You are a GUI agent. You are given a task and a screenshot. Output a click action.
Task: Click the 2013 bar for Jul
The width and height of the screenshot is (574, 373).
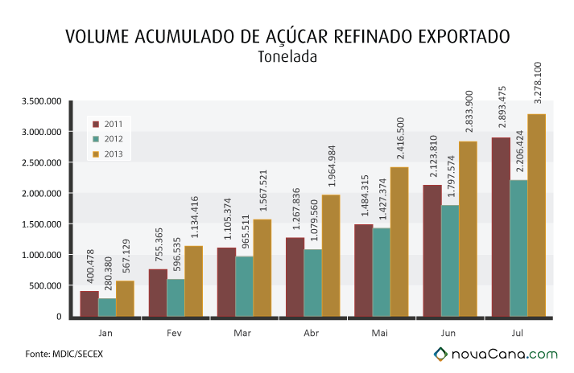coord(537,215)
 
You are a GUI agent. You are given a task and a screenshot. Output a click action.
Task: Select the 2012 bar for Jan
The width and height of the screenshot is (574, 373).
coord(107,308)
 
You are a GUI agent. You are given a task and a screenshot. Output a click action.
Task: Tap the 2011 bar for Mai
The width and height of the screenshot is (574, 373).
coord(364,270)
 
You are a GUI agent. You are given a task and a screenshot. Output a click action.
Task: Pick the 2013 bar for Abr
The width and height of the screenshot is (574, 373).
coord(331,256)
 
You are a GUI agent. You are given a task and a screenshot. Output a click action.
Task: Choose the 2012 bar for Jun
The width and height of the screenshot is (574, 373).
coord(450,260)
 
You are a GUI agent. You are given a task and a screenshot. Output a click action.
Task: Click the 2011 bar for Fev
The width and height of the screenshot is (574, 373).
coord(158,293)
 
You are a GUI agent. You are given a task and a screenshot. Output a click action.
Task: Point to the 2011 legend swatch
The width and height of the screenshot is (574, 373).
coord(97,125)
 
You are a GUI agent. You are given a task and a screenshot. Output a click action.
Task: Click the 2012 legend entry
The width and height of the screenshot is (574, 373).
coord(108,139)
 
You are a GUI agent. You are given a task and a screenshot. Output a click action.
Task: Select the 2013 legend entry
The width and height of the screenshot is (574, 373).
coord(108,154)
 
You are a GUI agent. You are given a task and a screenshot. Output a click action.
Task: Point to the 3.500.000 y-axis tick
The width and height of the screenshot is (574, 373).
coord(42,101)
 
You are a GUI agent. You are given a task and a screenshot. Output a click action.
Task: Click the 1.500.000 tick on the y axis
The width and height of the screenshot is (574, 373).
coord(42,224)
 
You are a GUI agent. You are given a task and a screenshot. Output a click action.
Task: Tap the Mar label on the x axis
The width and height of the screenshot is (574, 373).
coord(242,333)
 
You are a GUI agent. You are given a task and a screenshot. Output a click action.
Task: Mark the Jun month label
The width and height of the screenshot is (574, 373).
coord(448,333)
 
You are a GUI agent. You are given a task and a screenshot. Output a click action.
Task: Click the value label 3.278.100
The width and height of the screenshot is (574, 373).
coord(538,83)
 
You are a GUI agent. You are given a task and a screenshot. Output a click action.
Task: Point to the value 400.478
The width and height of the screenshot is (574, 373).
coord(90,266)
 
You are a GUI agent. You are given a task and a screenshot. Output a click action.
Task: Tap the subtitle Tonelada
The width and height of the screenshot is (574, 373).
coord(287,57)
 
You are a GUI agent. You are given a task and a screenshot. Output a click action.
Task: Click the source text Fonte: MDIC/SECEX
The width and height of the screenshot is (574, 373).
coord(64,354)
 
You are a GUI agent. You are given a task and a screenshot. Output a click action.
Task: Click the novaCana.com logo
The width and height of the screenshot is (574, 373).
coord(496,354)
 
